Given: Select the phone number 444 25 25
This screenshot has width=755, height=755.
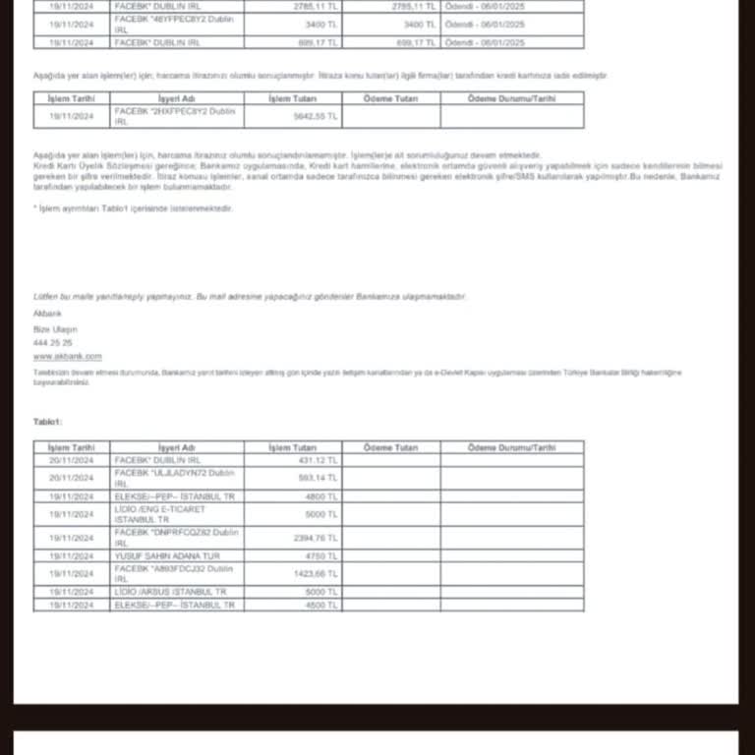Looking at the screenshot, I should coord(52,343).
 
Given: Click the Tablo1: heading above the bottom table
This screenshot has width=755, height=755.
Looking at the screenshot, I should coord(48,421).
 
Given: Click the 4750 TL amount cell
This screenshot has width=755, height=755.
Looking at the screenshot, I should coord(323,555).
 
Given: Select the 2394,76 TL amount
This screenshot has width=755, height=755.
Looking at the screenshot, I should coord(318,538).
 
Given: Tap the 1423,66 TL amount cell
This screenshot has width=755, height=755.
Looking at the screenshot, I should coord(318,573).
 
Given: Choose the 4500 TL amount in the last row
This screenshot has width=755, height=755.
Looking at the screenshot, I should coord(323,605).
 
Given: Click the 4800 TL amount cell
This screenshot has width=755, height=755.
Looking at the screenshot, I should coord(323,496).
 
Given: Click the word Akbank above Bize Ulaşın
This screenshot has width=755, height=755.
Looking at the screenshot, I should coord(47,313).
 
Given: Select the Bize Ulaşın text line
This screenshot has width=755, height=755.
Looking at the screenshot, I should coord(55,328).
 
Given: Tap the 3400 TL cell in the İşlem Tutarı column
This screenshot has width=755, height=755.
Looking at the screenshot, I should coord(322,24).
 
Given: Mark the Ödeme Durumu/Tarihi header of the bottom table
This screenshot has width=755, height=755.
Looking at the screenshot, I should coord(511,447).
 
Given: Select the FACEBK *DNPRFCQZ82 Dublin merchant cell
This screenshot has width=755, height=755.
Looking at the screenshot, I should coord(177,537).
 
